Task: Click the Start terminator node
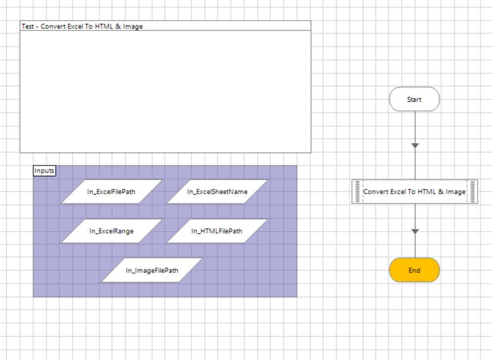coord(414,99)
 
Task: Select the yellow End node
coord(414,270)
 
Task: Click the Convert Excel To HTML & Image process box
coord(414,192)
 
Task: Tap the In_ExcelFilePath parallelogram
coord(111,192)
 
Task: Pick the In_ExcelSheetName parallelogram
coord(217,192)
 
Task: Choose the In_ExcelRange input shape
coord(111,231)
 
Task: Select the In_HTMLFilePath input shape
coord(217,231)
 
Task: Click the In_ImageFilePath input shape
coord(152,270)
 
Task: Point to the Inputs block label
coord(44,171)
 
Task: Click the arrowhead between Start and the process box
coord(415,145)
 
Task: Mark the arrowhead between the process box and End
coord(415,231)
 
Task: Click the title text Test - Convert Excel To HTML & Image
coord(82,27)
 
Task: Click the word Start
coord(414,99)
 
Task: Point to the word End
coord(414,270)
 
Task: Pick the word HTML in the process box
coord(426,192)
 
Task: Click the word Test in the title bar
coord(28,27)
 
